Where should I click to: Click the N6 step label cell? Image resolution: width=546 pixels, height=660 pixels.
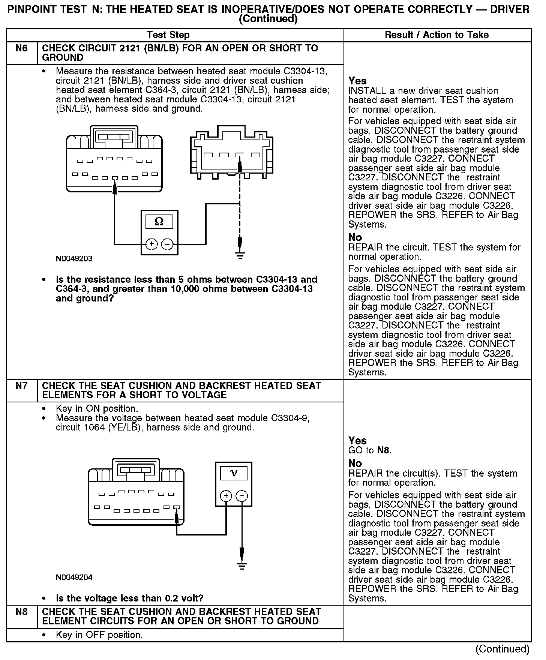(22, 49)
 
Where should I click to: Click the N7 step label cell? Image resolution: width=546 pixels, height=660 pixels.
(22, 385)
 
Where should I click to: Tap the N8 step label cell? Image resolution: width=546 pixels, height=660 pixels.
(22, 612)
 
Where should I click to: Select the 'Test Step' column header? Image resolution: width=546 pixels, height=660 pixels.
(168, 35)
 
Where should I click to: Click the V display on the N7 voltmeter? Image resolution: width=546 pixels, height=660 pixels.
(233, 473)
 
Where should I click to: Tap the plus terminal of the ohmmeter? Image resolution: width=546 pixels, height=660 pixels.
(151, 244)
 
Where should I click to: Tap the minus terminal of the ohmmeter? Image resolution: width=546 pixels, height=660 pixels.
(167, 244)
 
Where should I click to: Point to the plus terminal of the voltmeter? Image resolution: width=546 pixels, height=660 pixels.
(226, 496)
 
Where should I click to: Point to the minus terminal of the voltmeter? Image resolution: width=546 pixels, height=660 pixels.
(242, 496)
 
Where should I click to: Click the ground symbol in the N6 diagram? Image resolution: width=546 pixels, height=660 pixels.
(240, 255)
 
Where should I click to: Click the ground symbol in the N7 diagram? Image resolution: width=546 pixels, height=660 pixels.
(242, 566)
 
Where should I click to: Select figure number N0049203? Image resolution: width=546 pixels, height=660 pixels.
(74, 258)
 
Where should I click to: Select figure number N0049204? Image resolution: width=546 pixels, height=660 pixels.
(74, 577)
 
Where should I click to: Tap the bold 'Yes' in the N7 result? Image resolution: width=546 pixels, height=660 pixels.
(357, 441)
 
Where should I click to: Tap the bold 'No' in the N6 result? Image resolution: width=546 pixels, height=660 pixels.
(355, 237)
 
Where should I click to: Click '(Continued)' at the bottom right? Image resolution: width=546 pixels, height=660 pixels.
(502, 649)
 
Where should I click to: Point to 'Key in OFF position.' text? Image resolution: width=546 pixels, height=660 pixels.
(99, 635)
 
